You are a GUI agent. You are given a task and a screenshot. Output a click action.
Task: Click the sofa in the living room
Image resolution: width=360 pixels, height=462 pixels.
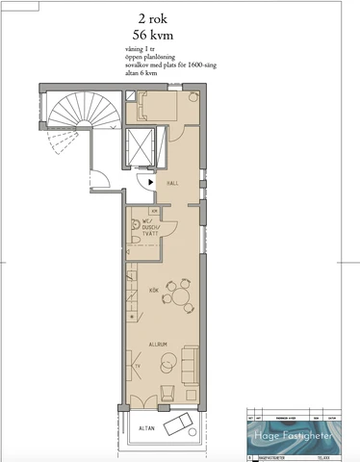[190, 363]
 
